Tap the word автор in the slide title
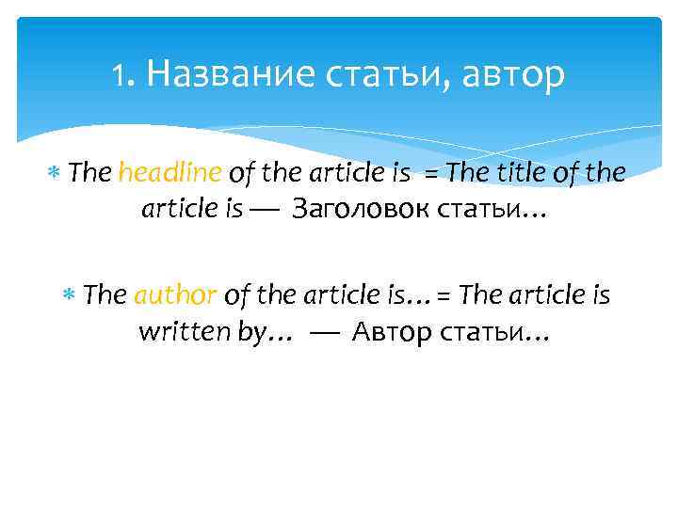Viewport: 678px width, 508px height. (515, 72)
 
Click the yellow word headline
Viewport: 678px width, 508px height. (170, 173)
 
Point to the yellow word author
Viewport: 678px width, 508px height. (176, 295)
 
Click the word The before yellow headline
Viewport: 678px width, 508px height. (90, 173)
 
